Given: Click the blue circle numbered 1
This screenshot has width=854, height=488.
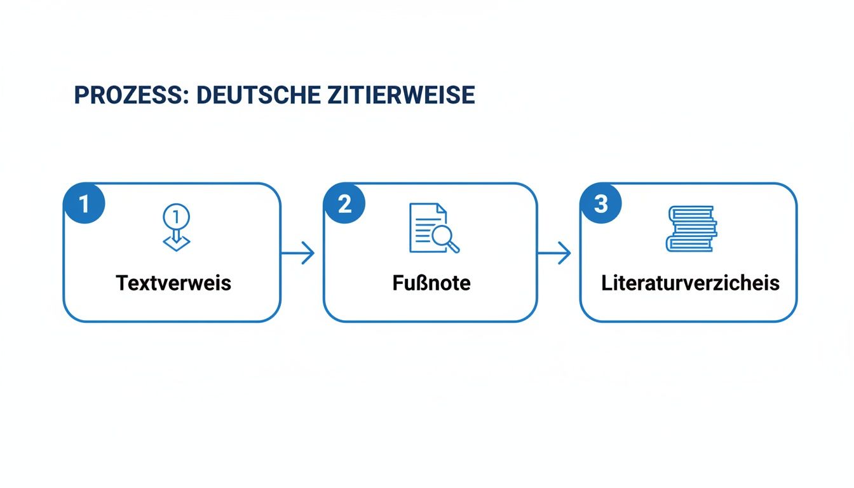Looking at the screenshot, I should click(84, 204).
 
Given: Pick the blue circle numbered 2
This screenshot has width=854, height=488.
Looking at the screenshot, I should click(344, 204).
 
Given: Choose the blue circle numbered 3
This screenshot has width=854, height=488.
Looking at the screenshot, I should click(601, 204).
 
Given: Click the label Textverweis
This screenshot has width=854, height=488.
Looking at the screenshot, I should click(173, 283).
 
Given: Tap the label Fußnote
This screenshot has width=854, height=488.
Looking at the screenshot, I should click(431, 283).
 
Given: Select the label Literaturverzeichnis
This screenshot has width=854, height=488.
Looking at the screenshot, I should click(690, 283).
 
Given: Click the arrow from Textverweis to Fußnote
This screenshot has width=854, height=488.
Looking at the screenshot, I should click(299, 254).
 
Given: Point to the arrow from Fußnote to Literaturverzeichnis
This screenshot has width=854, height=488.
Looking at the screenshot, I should click(555, 254).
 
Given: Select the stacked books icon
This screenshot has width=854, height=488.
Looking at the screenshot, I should click(690, 228).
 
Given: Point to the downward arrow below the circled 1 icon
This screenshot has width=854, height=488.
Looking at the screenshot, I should click(176, 241).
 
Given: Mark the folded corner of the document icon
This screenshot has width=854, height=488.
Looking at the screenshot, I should click(443, 209).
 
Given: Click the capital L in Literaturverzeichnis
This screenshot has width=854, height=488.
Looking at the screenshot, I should click(606, 283).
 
